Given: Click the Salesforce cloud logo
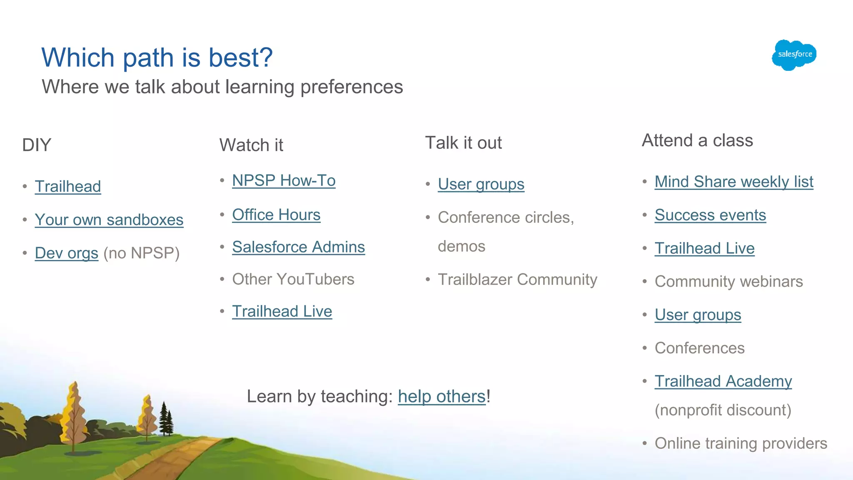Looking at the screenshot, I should pyautogui.click(x=794, y=55).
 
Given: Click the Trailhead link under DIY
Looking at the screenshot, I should pyautogui.click(x=68, y=186).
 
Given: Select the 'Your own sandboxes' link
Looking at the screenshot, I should pyautogui.click(x=109, y=220).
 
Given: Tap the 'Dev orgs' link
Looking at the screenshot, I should pyautogui.click(x=66, y=253).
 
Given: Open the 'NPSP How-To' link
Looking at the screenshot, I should pyautogui.click(x=284, y=180).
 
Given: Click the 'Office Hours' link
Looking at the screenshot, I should pyautogui.click(x=276, y=215).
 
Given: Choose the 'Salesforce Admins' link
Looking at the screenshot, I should pyautogui.click(x=298, y=247).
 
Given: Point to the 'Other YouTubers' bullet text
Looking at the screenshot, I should pyautogui.click(x=293, y=279).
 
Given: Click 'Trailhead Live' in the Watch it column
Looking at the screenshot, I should pyautogui.click(x=282, y=311).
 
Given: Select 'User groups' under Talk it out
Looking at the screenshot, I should pyautogui.click(x=481, y=184).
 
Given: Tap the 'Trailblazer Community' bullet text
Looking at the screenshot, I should pyautogui.click(x=517, y=279).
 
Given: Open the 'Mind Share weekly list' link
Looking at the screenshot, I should pyautogui.click(x=733, y=182).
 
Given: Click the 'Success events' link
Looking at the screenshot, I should pyautogui.click(x=710, y=215).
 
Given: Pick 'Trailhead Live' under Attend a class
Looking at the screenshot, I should pyautogui.click(x=704, y=248).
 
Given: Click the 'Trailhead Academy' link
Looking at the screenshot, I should pyautogui.click(x=723, y=381).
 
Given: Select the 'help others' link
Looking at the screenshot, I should pyautogui.click(x=441, y=396).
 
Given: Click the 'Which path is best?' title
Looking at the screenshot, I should pyautogui.click(x=157, y=57).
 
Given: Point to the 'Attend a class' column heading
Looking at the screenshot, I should pyautogui.click(x=697, y=140).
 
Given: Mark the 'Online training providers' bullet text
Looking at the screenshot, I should pyautogui.click(x=741, y=443).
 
